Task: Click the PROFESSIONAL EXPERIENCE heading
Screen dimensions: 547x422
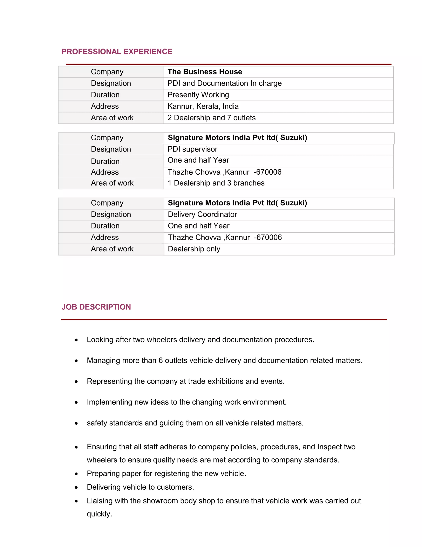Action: [117, 52]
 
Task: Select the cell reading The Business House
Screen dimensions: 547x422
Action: [205, 72]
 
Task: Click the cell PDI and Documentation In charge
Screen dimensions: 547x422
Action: [225, 83]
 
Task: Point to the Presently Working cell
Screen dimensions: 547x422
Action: [198, 95]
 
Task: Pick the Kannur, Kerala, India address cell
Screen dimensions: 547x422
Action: [203, 107]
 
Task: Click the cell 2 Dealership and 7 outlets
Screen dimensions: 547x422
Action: [211, 118]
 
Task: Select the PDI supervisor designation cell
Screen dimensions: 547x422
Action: [192, 149]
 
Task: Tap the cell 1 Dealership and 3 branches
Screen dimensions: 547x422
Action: [216, 183]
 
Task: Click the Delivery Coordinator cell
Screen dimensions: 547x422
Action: [202, 214]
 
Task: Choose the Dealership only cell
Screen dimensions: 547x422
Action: [194, 249]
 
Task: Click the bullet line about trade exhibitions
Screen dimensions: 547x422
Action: [185, 381]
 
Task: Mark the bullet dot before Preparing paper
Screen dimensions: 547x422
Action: [76, 474]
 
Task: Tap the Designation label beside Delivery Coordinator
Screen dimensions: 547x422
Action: [111, 214]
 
